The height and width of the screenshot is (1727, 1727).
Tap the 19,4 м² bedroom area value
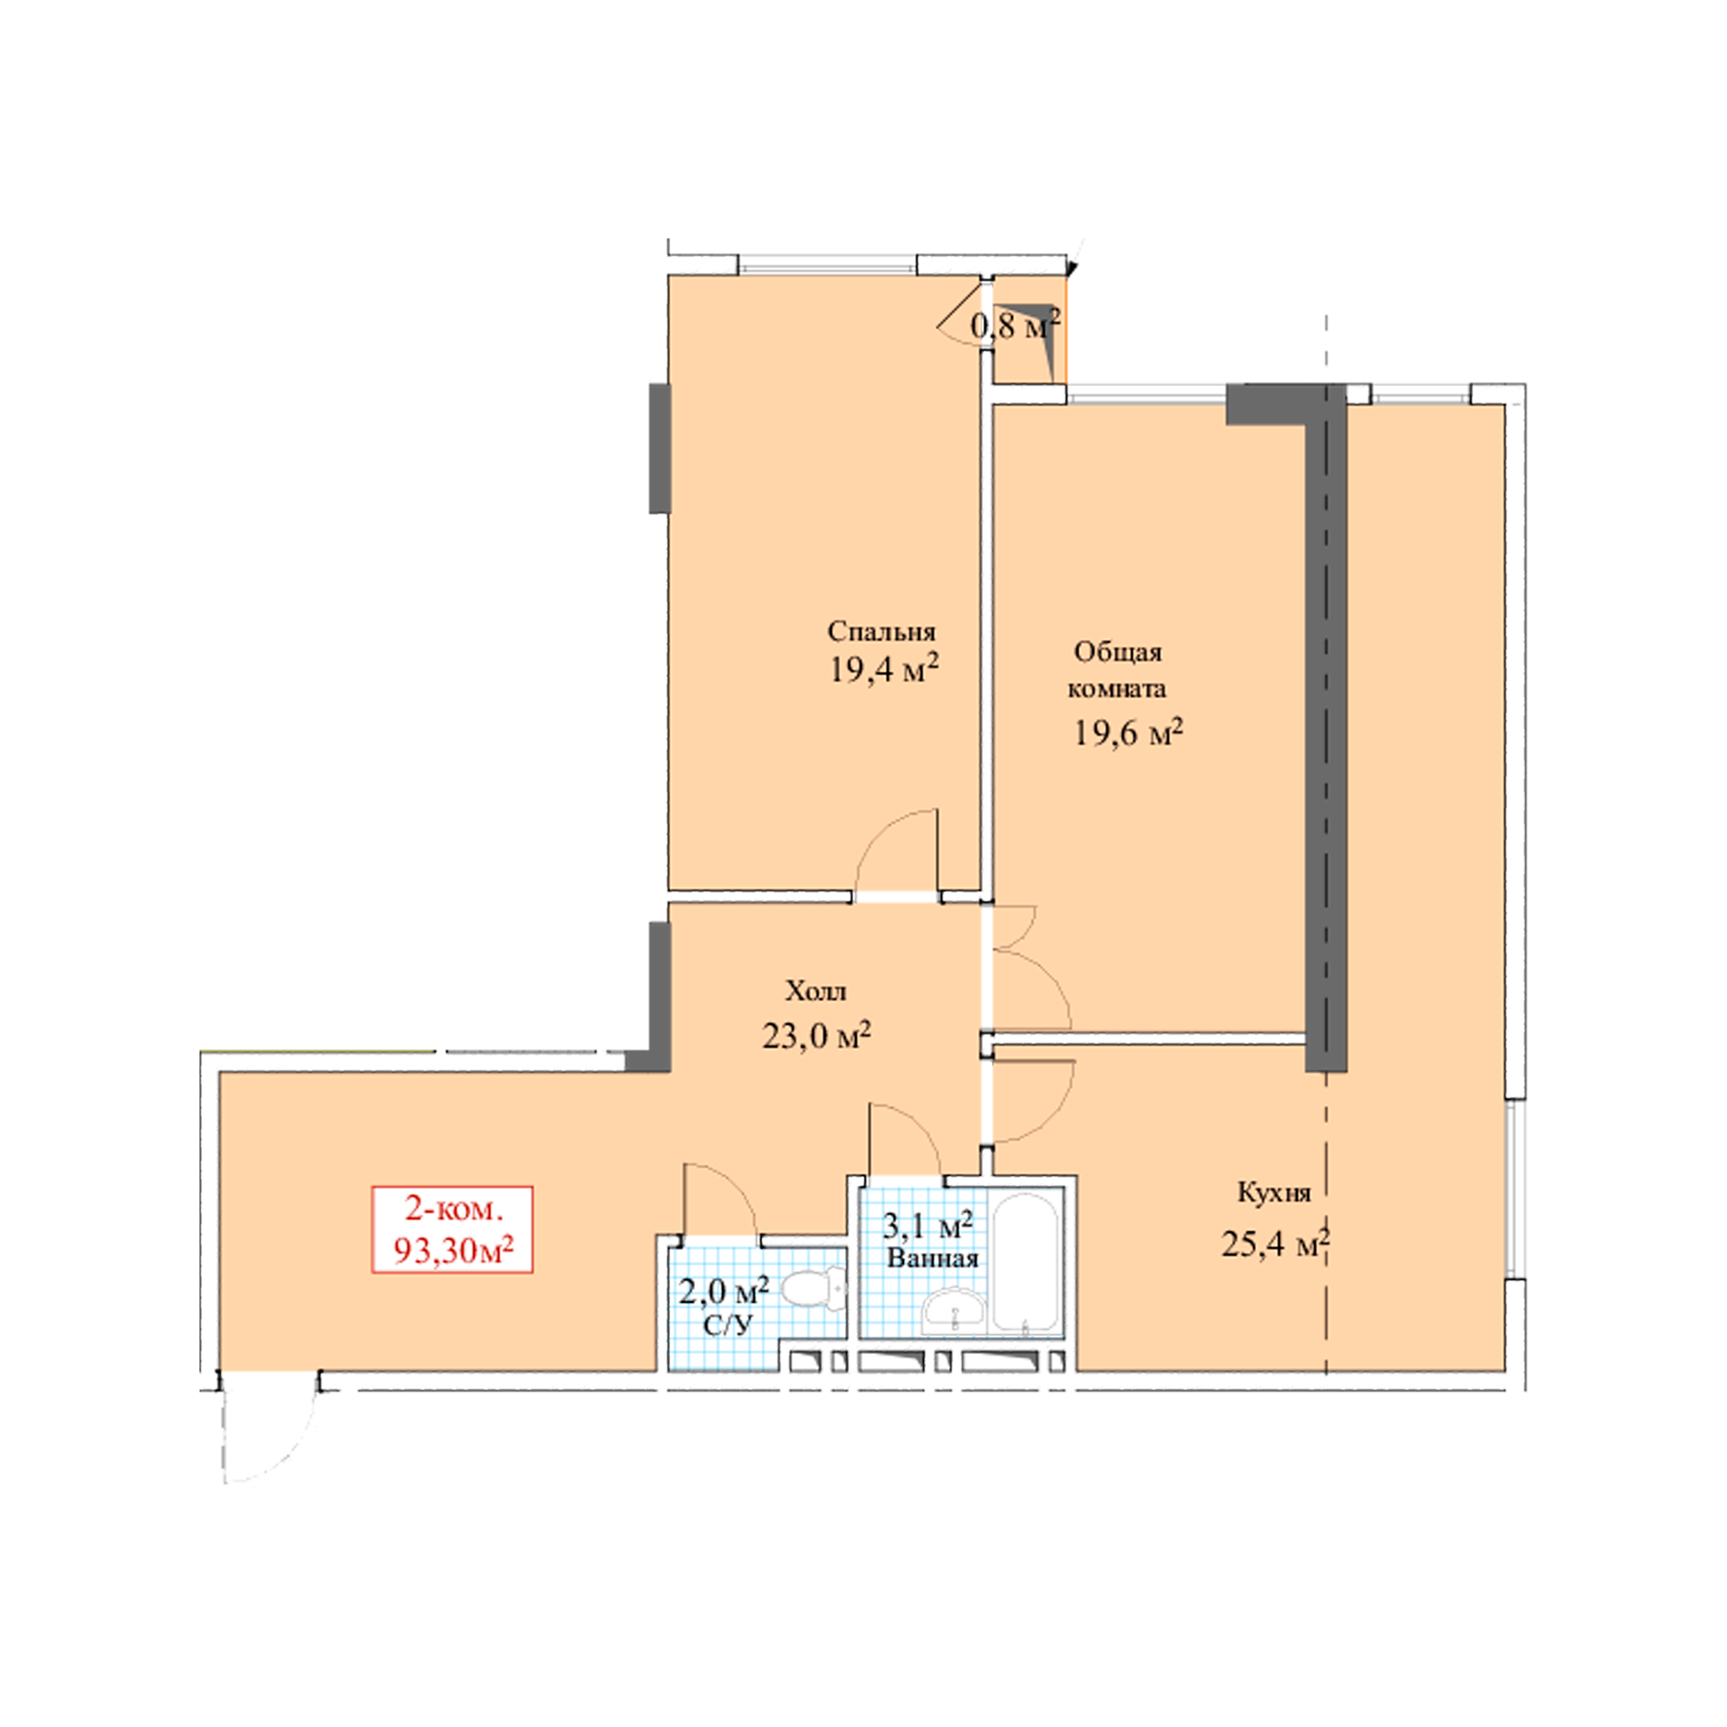click(884, 668)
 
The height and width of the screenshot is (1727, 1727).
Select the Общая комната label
click(1118, 670)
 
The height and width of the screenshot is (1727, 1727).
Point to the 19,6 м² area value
click(1129, 733)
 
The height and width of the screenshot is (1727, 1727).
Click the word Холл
click(815, 990)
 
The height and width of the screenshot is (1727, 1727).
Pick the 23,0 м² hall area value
click(816, 1035)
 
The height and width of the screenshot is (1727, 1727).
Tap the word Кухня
click(1274, 1192)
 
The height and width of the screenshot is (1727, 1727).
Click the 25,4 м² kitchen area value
click(1275, 1243)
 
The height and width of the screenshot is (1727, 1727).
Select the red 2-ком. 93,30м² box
click(452, 1229)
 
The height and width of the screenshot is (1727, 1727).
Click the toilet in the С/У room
click(813, 1288)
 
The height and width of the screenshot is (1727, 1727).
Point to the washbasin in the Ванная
click(954, 1311)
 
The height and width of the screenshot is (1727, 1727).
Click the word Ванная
click(932, 1259)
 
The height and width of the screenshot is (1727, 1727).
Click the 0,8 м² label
click(1015, 326)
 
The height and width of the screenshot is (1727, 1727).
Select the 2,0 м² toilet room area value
click(725, 1291)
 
